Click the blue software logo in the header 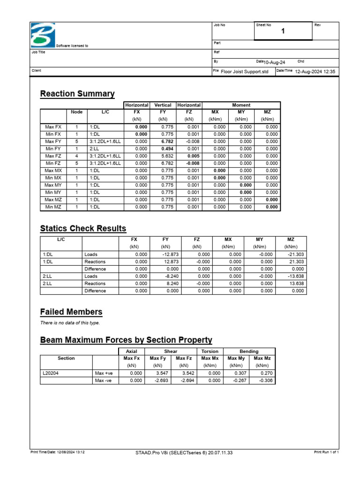point(43,35)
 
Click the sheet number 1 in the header point(283,31)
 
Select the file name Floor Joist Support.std point(244,72)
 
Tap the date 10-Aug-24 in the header point(275,62)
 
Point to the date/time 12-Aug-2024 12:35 point(315,72)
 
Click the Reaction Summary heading point(77,94)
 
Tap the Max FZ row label point(53,156)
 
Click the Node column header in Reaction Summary point(76,112)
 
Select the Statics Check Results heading point(83,229)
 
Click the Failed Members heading point(71,312)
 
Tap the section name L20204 point(51,374)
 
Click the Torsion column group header point(210,351)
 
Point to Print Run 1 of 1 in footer point(326,452)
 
